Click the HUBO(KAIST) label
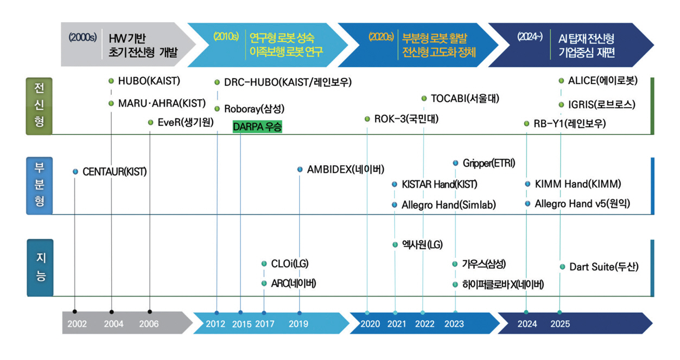pyautogui.click(x=149, y=81)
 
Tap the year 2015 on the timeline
pyautogui.click(x=242, y=324)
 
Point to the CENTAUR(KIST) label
pyautogui.click(x=115, y=172)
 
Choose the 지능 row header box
pyautogui.click(x=40, y=268)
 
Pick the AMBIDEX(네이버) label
pyautogui.click(x=346, y=169)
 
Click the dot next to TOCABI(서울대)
pyautogui.click(x=424, y=98)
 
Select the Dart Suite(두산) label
pyautogui.click(x=604, y=267)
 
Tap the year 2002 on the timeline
pyautogui.click(x=78, y=324)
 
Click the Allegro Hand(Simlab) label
pyautogui.click(x=449, y=205)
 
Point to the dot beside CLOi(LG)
pyautogui.click(x=264, y=264)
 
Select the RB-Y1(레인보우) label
pyautogui.click(x=569, y=124)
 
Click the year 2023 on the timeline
pyautogui.click(x=454, y=324)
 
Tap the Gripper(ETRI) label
pyautogui.click(x=489, y=163)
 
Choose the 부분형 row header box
pyautogui.click(x=40, y=186)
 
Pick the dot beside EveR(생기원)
pyautogui.click(x=150, y=123)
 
